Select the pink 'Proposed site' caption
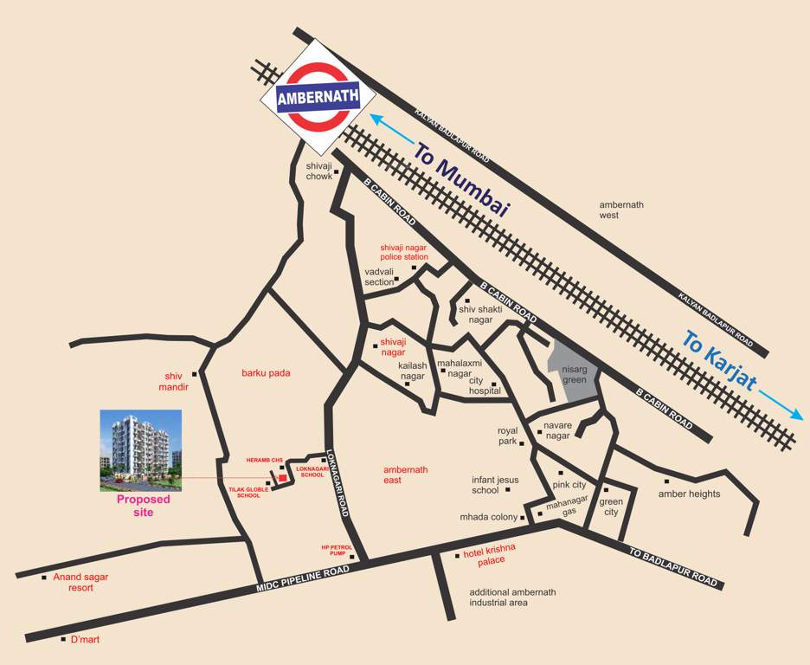tap(144, 506)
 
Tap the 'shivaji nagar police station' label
tap(404, 252)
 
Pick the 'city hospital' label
tap(485, 385)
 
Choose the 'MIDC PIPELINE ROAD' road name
tap(303, 579)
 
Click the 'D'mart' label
tap(87, 640)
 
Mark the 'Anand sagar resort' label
tap(80, 582)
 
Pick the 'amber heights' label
tap(689, 494)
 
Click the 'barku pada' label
tap(266, 373)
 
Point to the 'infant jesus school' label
tap(495, 484)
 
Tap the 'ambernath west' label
tap(621, 210)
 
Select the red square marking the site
tap(282, 478)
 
